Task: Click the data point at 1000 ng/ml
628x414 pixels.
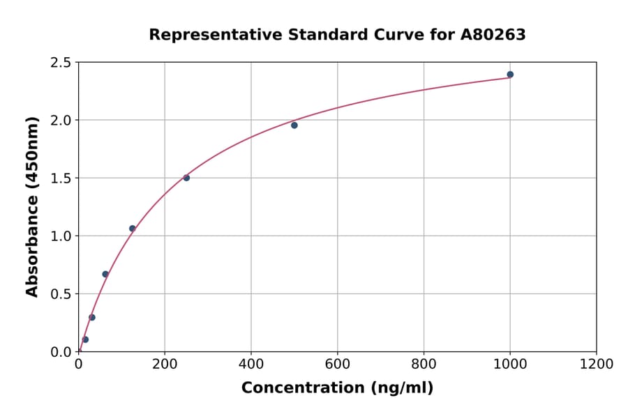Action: click(x=510, y=75)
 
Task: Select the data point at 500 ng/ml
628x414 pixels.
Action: click(x=294, y=125)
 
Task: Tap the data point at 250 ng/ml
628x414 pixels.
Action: click(x=186, y=178)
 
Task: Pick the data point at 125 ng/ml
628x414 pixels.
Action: click(x=133, y=229)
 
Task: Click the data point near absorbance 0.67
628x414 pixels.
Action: click(x=105, y=274)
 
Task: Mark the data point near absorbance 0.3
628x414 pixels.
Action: click(x=92, y=317)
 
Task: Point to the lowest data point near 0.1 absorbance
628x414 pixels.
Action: click(x=85, y=339)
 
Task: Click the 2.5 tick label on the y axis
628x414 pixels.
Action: click(x=60, y=63)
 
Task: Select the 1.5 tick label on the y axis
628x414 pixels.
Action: click(x=60, y=178)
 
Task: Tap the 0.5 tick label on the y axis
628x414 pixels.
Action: click(x=60, y=294)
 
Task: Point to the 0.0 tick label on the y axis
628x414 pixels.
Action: click(x=60, y=352)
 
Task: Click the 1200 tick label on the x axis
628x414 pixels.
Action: click(x=596, y=365)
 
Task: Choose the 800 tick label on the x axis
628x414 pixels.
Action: click(x=424, y=365)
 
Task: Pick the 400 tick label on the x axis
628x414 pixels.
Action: click(x=251, y=365)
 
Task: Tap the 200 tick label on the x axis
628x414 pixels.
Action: click(x=165, y=365)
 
